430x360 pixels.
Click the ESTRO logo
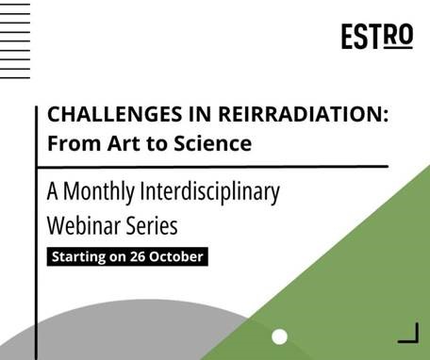tap(376, 37)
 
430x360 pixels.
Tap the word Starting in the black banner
tap(80, 256)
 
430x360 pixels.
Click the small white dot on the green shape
tap(279, 336)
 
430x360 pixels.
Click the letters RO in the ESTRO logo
tap(399, 36)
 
